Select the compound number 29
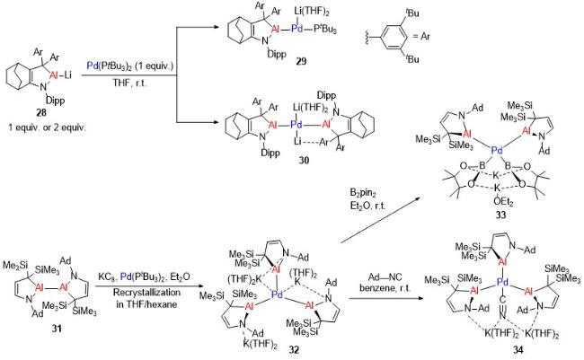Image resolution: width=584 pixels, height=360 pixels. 301,61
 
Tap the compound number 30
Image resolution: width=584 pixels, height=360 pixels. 303,161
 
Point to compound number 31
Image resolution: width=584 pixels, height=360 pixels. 57,329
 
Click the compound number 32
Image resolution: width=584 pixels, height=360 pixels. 293,349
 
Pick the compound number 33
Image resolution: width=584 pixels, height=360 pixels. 500,215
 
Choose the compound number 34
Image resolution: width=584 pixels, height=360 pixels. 518,349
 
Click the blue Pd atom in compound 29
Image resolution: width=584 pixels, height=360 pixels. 296,29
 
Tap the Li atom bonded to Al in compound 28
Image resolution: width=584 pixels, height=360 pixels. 67,75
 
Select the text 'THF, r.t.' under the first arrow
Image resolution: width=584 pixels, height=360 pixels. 129,83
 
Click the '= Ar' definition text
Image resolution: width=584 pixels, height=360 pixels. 421,36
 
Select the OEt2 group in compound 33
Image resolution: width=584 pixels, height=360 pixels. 503,202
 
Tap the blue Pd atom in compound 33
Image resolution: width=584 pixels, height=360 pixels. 497,151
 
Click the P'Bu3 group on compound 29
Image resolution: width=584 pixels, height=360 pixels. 324,29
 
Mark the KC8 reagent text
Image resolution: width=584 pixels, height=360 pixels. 107,277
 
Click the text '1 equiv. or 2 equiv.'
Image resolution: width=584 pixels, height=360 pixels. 48,127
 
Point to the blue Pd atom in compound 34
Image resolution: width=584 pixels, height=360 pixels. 502,284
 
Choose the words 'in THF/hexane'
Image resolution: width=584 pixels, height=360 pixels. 146,304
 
